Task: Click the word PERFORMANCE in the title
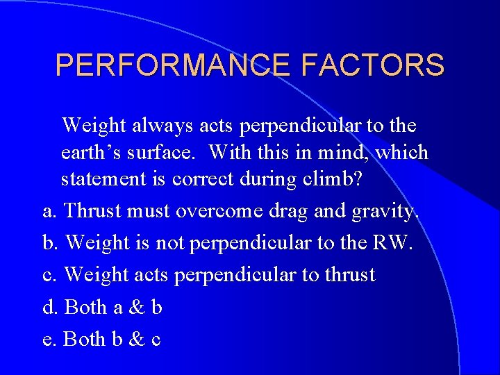(x=174, y=65)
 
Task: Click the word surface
(x=165, y=152)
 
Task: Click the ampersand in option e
(x=137, y=340)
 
